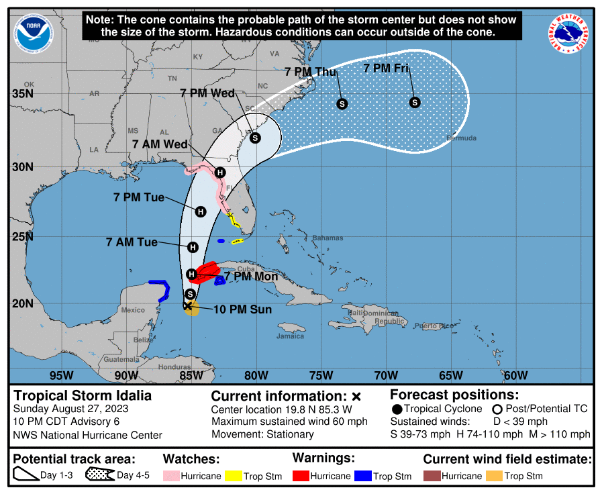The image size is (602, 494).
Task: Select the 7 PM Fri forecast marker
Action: pos(415,102)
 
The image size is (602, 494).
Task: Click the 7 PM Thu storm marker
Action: pos(342,103)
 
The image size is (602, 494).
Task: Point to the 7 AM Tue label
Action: pos(132,242)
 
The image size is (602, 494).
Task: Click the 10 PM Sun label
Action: pos(242,309)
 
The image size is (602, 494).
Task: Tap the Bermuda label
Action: pos(461,138)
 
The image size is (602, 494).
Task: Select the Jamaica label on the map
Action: pos(290,336)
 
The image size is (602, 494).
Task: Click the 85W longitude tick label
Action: pos(191,375)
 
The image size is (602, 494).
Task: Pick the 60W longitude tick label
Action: pos(515,375)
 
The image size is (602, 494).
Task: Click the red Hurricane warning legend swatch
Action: pos(301,476)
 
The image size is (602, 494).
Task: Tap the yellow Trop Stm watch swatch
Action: pos(234,476)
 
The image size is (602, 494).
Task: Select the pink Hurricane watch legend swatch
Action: pos(172,476)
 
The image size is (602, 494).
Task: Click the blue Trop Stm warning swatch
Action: pos(363,476)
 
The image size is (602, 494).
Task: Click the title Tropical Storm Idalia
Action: pos(83,395)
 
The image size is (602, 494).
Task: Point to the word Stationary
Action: pos(291,434)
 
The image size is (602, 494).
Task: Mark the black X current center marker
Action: pos(187,305)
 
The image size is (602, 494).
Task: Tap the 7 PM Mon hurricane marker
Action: pos(192,274)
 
